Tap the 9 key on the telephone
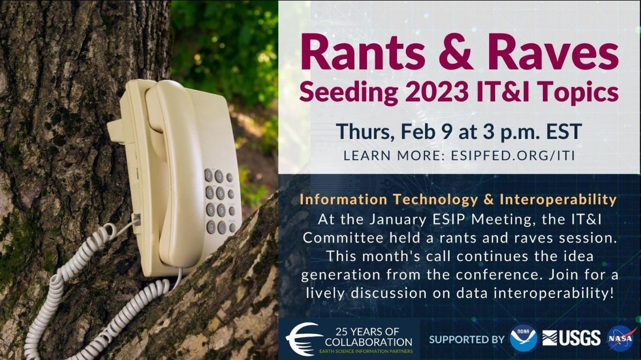(221, 210)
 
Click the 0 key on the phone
(211, 227)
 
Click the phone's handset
(177, 171)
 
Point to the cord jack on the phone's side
(137, 220)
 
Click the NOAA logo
(523, 338)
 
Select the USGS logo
(571, 338)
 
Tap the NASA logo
(621, 338)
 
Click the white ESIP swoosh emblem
(304, 339)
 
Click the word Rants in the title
(363, 52)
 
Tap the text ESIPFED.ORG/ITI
(513, 155)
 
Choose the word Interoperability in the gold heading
(558, 200)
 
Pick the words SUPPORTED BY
(467, 339)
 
